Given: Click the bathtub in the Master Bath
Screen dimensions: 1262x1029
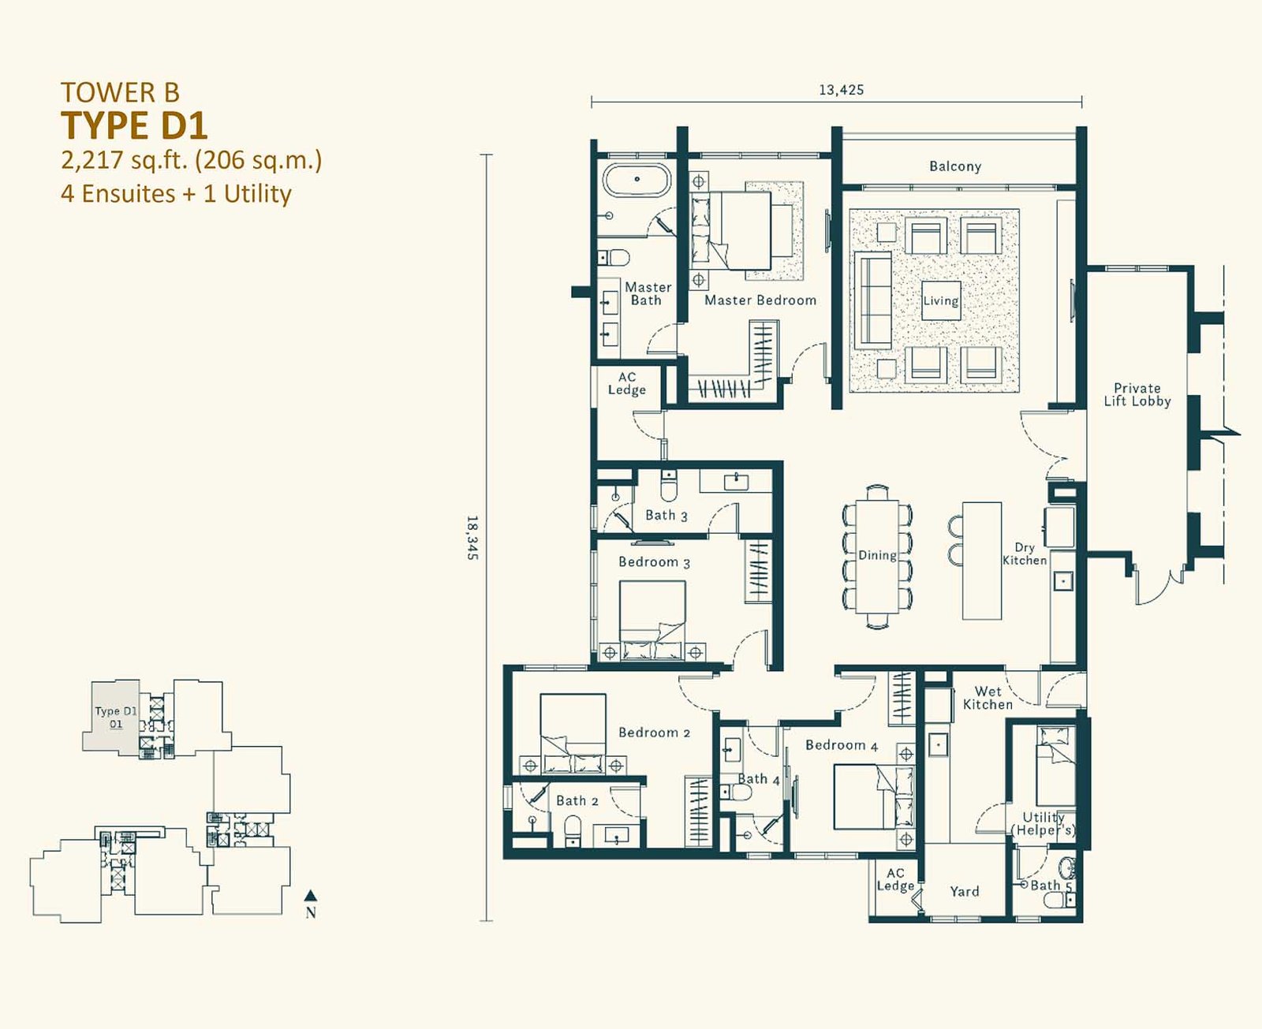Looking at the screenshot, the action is click(637, 180).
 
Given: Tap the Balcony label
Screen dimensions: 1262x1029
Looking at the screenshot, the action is click(955, 166).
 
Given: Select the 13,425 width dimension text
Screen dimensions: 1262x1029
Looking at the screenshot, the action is click(842, 90).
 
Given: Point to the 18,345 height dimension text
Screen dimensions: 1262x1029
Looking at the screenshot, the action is click(472, 537).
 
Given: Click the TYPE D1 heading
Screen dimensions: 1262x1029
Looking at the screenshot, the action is click(135, 125).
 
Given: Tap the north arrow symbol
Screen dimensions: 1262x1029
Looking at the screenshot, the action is click(311, 896).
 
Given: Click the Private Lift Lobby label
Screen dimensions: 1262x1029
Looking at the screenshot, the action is click(1137, 395).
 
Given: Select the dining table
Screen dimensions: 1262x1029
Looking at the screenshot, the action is click(877, 557).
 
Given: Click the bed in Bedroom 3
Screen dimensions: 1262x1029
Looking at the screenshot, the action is click(652, 620).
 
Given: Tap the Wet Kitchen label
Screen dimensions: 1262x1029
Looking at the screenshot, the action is click(988, 698).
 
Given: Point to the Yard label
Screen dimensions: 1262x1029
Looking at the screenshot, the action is click(965, 891).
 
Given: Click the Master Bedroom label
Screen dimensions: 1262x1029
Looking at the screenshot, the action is click(760, 300).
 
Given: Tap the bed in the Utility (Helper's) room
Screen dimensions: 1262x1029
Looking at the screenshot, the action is click(1056, 766).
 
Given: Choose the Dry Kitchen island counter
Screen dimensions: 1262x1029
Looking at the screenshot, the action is click(982, 561).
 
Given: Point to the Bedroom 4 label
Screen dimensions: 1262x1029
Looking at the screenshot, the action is click(842, 745).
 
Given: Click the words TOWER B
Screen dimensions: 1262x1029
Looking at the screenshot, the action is click(120, 93).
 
